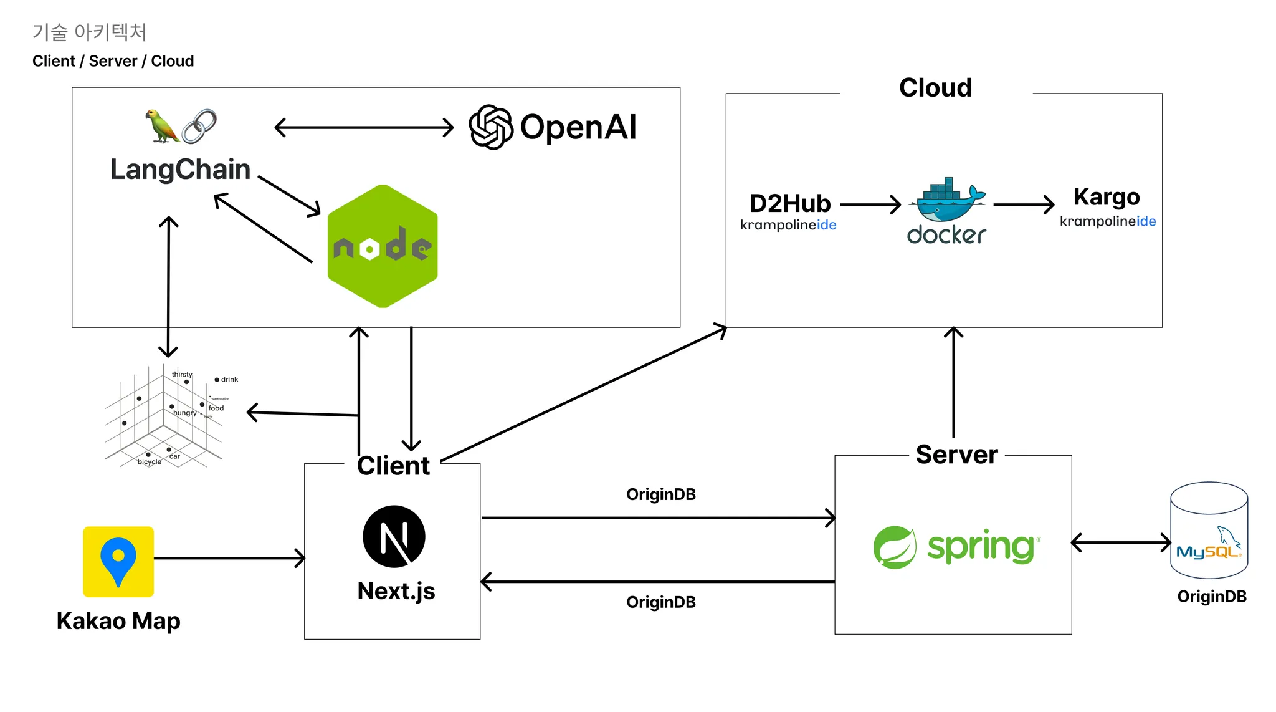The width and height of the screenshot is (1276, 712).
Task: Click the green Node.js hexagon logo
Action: tap(383, 246)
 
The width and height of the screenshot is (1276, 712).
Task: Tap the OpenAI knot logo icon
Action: tap(490, 127)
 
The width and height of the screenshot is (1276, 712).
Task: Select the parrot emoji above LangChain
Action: tap(161, 126)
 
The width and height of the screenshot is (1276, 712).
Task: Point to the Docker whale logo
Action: tap(947, 201)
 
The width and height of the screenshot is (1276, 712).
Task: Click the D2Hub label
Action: tap(790, 204)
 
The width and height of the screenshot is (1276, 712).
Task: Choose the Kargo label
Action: tap(1107, 197)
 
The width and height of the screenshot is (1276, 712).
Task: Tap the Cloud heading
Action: tap(935, 88)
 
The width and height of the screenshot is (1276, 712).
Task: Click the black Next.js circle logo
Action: tap(394, 536)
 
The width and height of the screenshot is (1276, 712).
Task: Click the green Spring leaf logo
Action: tap(895, 547)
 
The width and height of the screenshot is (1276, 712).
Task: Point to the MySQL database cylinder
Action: tap(1209, 530)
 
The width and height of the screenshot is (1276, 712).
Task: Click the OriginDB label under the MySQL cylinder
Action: tap(1211, 597)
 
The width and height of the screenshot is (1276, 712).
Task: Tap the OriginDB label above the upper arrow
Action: tap(660, 494)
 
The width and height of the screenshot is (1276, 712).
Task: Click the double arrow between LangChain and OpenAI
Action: tap(364, 128)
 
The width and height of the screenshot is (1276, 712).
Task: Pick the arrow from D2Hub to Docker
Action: tap(870, 204)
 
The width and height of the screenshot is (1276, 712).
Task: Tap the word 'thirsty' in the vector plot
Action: tap(182, 374)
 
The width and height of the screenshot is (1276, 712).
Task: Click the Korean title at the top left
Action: tap(89, 32)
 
